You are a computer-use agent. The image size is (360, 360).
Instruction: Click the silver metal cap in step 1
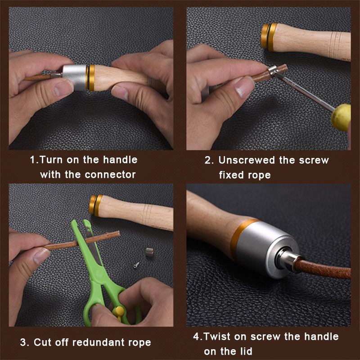74,77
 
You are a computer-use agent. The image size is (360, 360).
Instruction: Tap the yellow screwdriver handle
341,117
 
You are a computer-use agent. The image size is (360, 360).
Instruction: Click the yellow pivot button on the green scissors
119,311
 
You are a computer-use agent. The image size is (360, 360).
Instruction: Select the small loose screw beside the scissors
136,265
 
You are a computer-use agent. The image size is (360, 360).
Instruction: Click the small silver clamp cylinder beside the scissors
149,252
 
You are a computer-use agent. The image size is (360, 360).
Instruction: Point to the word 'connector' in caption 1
110,175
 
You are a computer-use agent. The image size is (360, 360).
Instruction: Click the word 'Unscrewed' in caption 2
247,160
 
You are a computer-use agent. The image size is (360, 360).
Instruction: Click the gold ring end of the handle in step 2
269,36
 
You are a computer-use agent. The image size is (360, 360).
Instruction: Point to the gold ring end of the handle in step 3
96,206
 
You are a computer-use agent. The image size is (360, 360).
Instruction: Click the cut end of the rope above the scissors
119,234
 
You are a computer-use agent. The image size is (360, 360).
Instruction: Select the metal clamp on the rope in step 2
273,70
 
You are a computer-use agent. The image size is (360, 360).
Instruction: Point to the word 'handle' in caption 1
120,160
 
